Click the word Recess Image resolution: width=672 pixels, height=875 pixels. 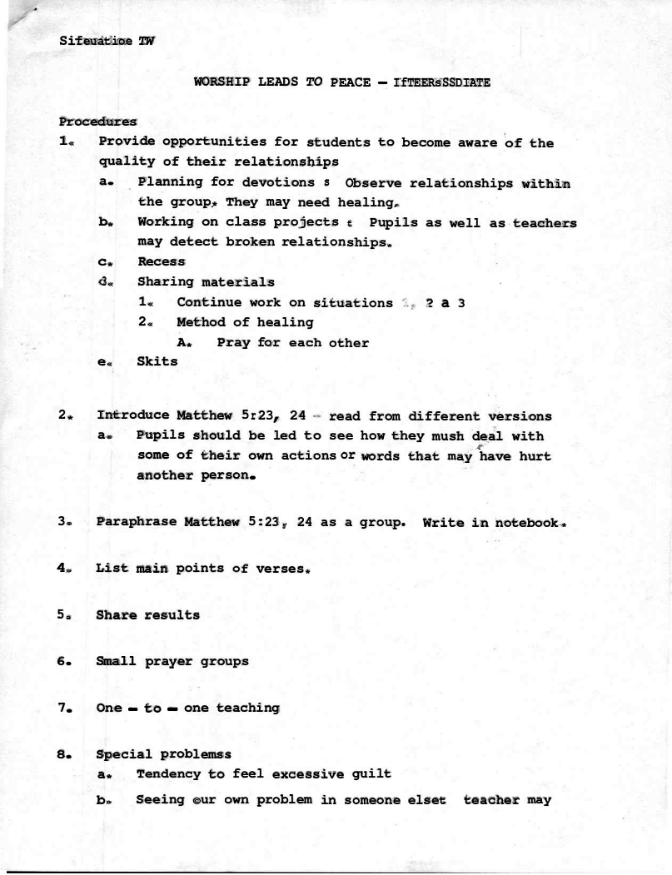(161, 262)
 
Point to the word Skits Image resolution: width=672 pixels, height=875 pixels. (157, 361)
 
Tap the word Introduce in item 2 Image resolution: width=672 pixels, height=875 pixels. (133, 415)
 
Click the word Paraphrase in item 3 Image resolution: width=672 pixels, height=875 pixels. (137, 522)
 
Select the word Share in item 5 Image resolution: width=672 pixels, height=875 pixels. (117, 615)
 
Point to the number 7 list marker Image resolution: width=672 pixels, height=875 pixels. (62, 708)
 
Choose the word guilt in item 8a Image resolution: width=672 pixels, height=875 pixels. (371, 774)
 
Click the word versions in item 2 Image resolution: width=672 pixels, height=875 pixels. (518, 415)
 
